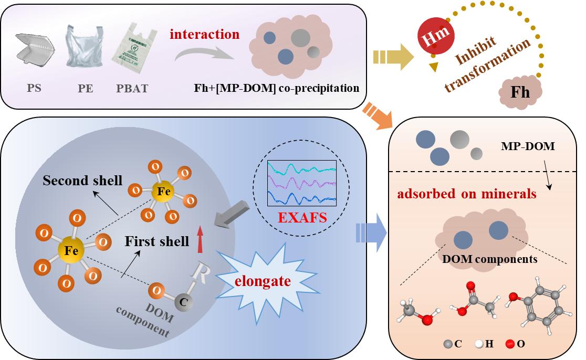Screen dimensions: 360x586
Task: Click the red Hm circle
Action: [x=435, y=38]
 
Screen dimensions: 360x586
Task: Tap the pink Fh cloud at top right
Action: [x=519, y=91]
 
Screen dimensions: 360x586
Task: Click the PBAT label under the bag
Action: [x=132, y=88]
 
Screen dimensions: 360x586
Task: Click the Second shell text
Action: [x=82, y=181]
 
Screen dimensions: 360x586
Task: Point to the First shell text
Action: [x=157, y=241]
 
